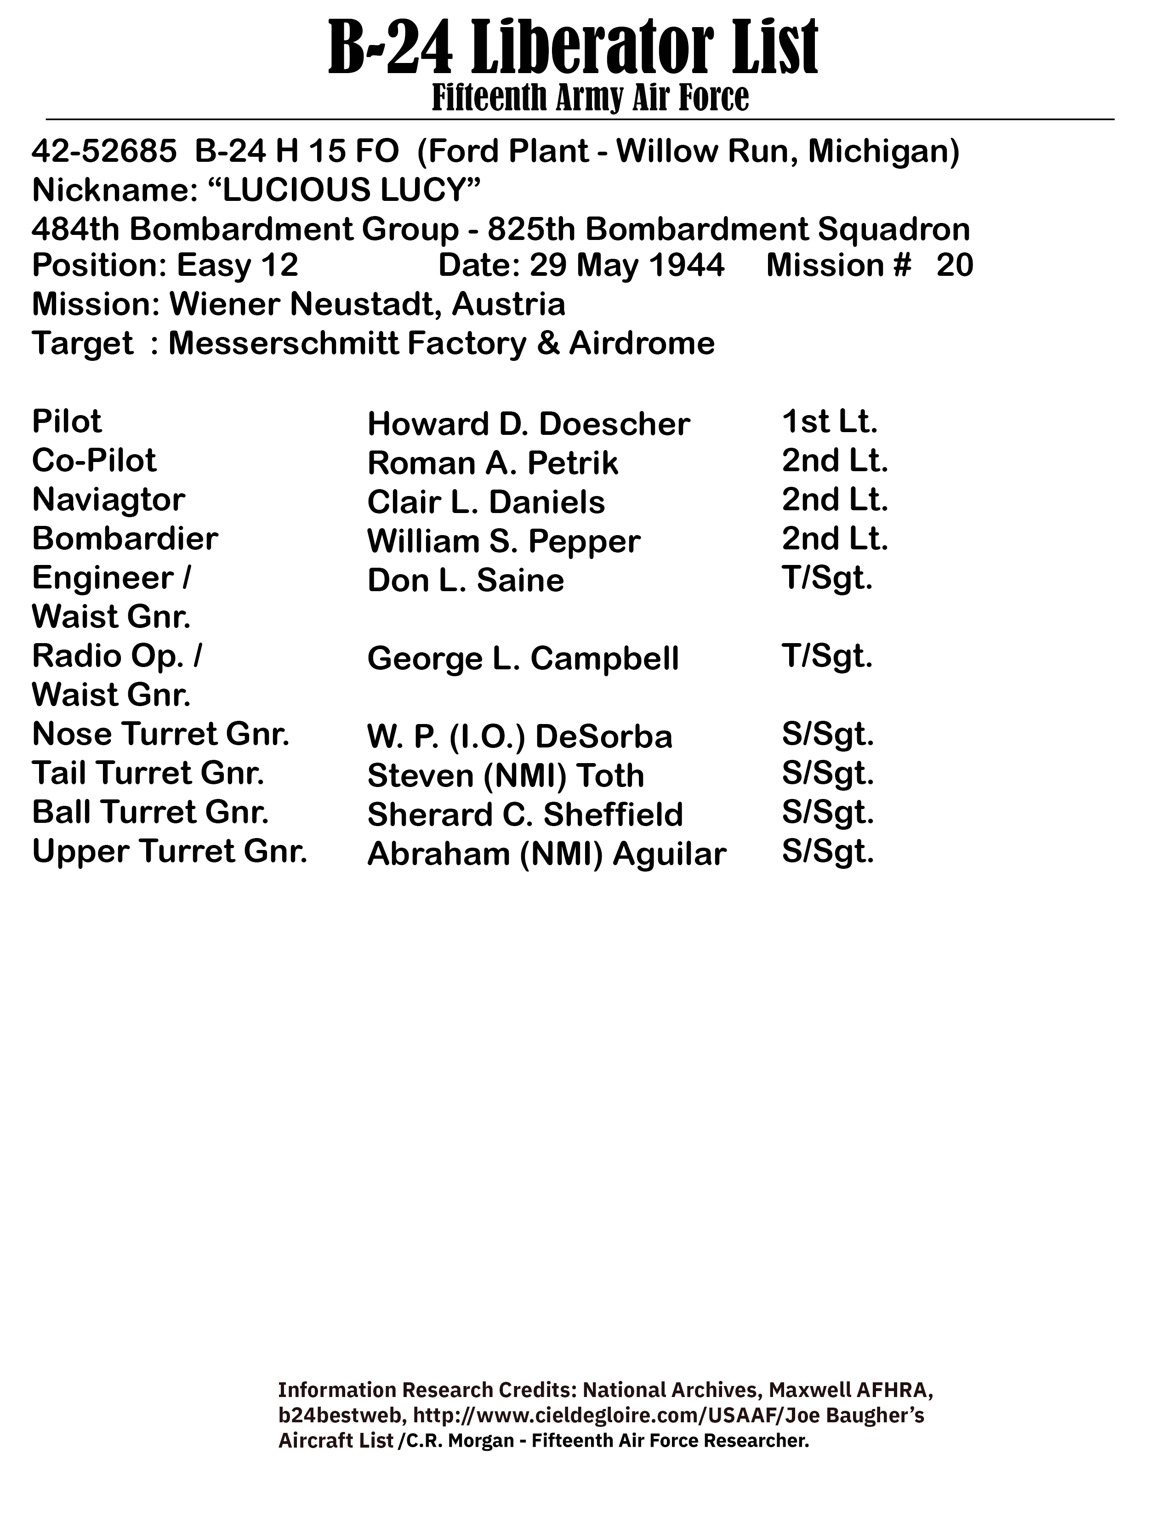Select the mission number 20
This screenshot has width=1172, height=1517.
pyautogui.click(x=955, y=265)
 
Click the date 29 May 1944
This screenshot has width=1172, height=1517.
pyautogui.click(x=627, y=265)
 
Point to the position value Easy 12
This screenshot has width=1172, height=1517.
pyautogui.click(x=238, y=265)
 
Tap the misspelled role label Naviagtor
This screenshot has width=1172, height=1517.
pyautogui.click(x=108, y=499)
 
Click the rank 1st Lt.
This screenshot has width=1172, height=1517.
pyautogui.click(x=830, y=422)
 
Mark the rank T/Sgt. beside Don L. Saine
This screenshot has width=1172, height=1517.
pyautogui.click(x=827, y=578)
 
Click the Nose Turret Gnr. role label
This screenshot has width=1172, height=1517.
pyautogui.click(x=160, y=734)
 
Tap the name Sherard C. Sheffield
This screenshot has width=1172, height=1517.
pyautogui.click(x=525, y=815)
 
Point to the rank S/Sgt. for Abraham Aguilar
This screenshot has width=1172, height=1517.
pyautogui.click(x=828, y=851)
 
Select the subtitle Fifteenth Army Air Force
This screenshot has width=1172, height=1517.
pyautogui.click(x=590, y=98)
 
